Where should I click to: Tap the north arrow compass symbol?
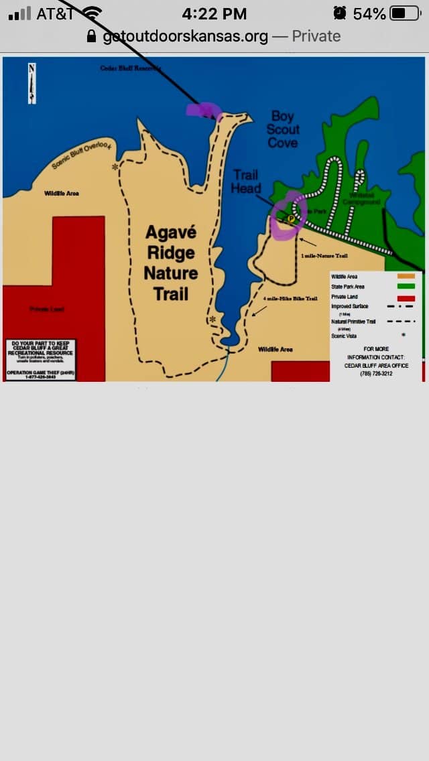pos(32,82)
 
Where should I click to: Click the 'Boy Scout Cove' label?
pos(283,129)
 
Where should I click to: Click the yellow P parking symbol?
pos(291,218)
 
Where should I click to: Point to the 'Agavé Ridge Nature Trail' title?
pos(171,263)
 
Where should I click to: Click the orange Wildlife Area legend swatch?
pos(406,276)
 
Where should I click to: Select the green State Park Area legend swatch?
pos(406,287)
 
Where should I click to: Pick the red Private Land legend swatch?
pos(406,298)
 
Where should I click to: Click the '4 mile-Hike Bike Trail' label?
pos(290,298)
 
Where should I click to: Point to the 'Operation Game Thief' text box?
pos(40,360)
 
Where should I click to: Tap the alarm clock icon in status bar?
pos(340,13)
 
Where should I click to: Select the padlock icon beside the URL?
pos(92,36)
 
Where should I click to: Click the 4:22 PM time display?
pos(214,13)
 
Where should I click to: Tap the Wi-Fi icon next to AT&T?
pos(93,13)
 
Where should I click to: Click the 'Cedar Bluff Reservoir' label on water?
pos(130,68)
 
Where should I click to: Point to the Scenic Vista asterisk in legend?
pos(404,335)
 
